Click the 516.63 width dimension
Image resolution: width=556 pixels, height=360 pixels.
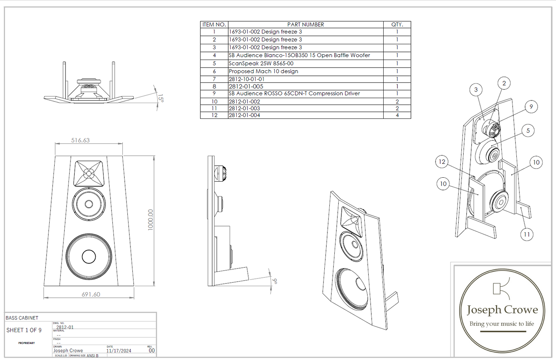tap(80, 140)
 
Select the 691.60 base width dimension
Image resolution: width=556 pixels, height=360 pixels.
tap(91, 294)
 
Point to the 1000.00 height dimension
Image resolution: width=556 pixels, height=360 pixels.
tap(150, 220)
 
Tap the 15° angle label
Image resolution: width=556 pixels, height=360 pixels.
tap(160, 98)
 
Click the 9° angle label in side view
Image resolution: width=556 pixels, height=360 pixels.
tap(275, 281)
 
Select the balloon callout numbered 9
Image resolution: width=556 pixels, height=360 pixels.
tap(531, 107)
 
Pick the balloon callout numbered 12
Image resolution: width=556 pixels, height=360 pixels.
tap(442, 162)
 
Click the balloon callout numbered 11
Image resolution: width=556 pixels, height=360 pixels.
tap(526, 234)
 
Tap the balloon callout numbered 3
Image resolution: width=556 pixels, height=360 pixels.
tap(476, 90)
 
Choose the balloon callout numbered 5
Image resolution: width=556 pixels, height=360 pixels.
tap(528, 131)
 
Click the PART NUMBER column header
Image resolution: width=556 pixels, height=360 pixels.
tap(306, 25)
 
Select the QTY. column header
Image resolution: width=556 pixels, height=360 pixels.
tap(397, 25)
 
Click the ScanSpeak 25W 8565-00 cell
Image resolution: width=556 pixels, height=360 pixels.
tap(261, 63)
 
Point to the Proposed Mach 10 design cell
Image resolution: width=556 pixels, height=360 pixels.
tap(263, 71)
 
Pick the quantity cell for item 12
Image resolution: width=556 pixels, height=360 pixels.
tap(397, 115)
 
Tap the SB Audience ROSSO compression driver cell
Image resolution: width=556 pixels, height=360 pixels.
tap(294, 93)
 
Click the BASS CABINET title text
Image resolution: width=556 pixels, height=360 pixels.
tap(22, 318)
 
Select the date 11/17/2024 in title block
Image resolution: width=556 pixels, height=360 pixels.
tap(119, 351)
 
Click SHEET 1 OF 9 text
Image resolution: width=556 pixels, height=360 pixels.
tap(24, 330)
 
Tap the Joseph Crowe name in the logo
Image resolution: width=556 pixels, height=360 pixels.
tap(502, 310)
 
